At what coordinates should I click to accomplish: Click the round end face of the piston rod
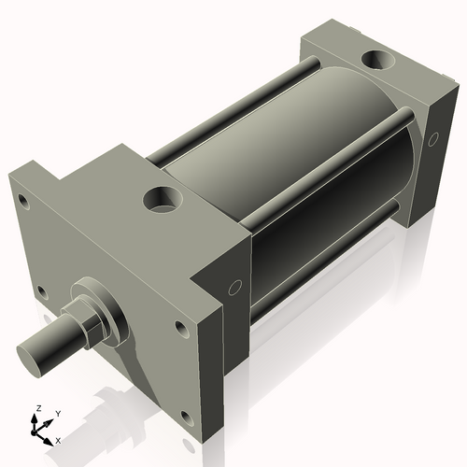tap(36, 356)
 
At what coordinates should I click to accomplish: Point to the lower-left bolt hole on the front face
tap(40, 291)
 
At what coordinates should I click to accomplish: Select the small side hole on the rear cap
tap(432, 139)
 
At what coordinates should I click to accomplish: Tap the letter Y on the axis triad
tap(57, 413)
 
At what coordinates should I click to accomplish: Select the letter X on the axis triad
tap(59, 439)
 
